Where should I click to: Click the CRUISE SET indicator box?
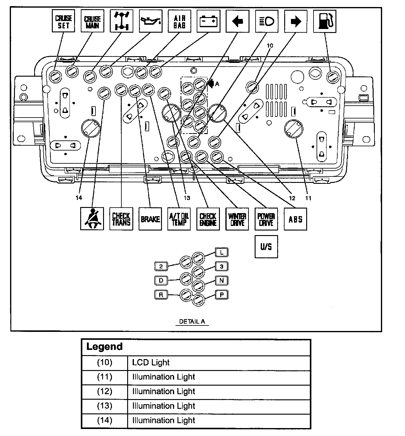[63, 21]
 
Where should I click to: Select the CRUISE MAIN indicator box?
[92, 21]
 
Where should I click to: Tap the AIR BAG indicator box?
[179, 21]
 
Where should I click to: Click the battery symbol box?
[208, 21]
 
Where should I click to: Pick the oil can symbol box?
[151, 21]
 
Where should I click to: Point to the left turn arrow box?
[238, 21]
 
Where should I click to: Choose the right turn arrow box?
[296, 21]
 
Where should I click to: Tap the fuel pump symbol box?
[325, 21]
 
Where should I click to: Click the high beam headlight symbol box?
[267, 21]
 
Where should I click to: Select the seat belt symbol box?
[92, 219]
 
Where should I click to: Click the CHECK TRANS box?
[121, 219]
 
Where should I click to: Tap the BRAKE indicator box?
[150, 219]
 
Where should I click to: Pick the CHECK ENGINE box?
[208, 219]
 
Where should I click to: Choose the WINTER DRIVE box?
[237, 219]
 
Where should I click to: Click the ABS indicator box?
[296, 219]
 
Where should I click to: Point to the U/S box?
[266, 246]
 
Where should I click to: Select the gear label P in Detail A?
[222, 295]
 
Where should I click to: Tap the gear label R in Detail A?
[161, 295]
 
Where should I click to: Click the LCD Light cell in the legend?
[219, 362]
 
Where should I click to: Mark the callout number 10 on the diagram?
[270, 46]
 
